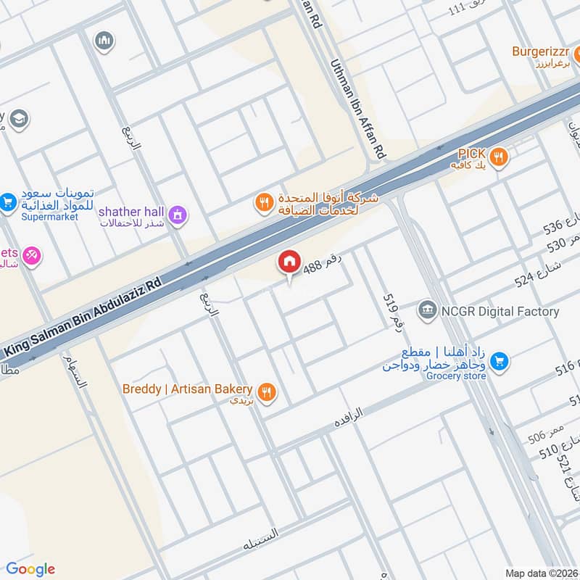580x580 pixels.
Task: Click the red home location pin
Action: (289, 262)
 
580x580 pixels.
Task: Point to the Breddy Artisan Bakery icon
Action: (268, 392)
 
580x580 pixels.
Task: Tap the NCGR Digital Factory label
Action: (500, 312)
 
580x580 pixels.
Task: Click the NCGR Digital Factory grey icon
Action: (428, 312)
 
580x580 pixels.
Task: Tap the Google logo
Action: (30, 569)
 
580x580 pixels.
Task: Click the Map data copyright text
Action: (541, 573)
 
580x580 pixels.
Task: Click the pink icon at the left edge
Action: (31, 255)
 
